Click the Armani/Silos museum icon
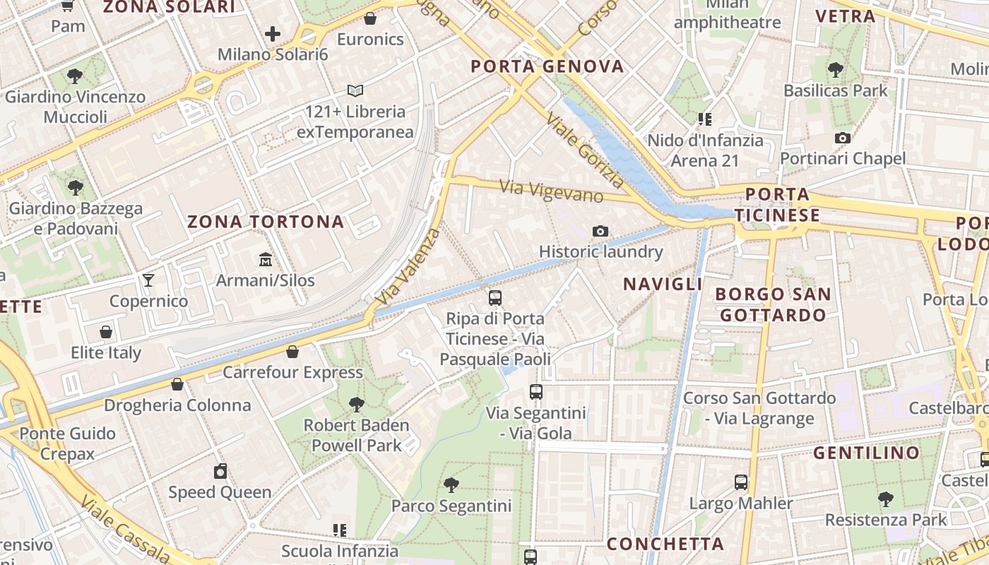coord(266,260)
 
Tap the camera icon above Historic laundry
coord(600,231)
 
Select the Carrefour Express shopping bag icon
coord(292,352)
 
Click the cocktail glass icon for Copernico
coord(148,280)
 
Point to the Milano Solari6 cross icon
coord(273,33)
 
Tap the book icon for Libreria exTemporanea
coord(355,90)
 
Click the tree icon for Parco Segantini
coord(451,485)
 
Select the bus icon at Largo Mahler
coord(740,482)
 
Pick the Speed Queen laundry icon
coord(220,471)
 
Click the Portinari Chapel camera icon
coord(842,138)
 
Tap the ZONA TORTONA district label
coord(266,222)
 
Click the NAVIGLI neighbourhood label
coord(662,284)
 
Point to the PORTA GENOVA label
coord(547,67)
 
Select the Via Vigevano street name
coord(552,191)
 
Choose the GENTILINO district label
coord(866,453)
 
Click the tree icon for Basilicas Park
coord(836,70)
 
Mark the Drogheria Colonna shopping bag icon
coord(177,384)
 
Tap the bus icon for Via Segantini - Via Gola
coord(536,391)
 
